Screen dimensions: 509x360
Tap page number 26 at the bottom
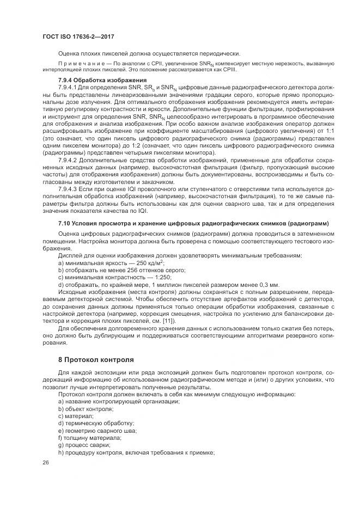click(46, 463)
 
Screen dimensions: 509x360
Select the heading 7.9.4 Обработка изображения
click(93, 80)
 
